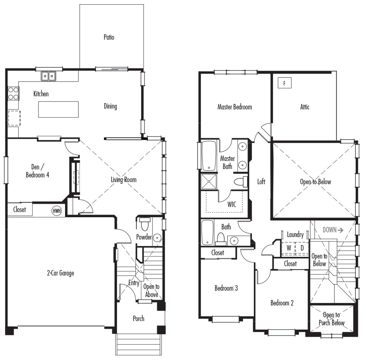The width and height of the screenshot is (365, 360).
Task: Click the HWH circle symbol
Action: pos(57,211)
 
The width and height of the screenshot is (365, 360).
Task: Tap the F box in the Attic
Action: pos(284,83)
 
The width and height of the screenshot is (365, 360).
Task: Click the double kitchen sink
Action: pos(49,76)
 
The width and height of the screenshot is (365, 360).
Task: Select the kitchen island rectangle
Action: pos(58,109)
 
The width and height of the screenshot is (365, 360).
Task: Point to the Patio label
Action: pos(109,37)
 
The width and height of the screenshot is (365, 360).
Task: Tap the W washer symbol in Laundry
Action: pos(289,248)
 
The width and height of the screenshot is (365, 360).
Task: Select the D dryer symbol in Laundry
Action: pos(302,248)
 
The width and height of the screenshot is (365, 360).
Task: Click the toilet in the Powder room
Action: pos(144,224)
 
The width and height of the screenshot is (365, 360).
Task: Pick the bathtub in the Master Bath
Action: pos(209,155)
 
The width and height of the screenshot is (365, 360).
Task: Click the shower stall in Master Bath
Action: pos(209,181)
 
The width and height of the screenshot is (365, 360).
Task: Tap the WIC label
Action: pos(232,205)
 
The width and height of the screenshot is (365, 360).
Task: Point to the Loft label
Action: pos(261,182)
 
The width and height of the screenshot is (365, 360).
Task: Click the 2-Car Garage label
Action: pos(60,273)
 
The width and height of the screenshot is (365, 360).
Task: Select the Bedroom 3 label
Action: pos(226,288)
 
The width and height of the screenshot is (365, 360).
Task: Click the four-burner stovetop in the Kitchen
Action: pos(13,93)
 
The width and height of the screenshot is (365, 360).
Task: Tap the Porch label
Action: pos(139,319)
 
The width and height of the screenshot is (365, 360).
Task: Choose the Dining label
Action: pos(110,106)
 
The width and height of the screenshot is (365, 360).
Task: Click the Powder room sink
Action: pos(157,238)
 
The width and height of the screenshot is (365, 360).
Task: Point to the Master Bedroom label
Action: pos(234,107)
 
